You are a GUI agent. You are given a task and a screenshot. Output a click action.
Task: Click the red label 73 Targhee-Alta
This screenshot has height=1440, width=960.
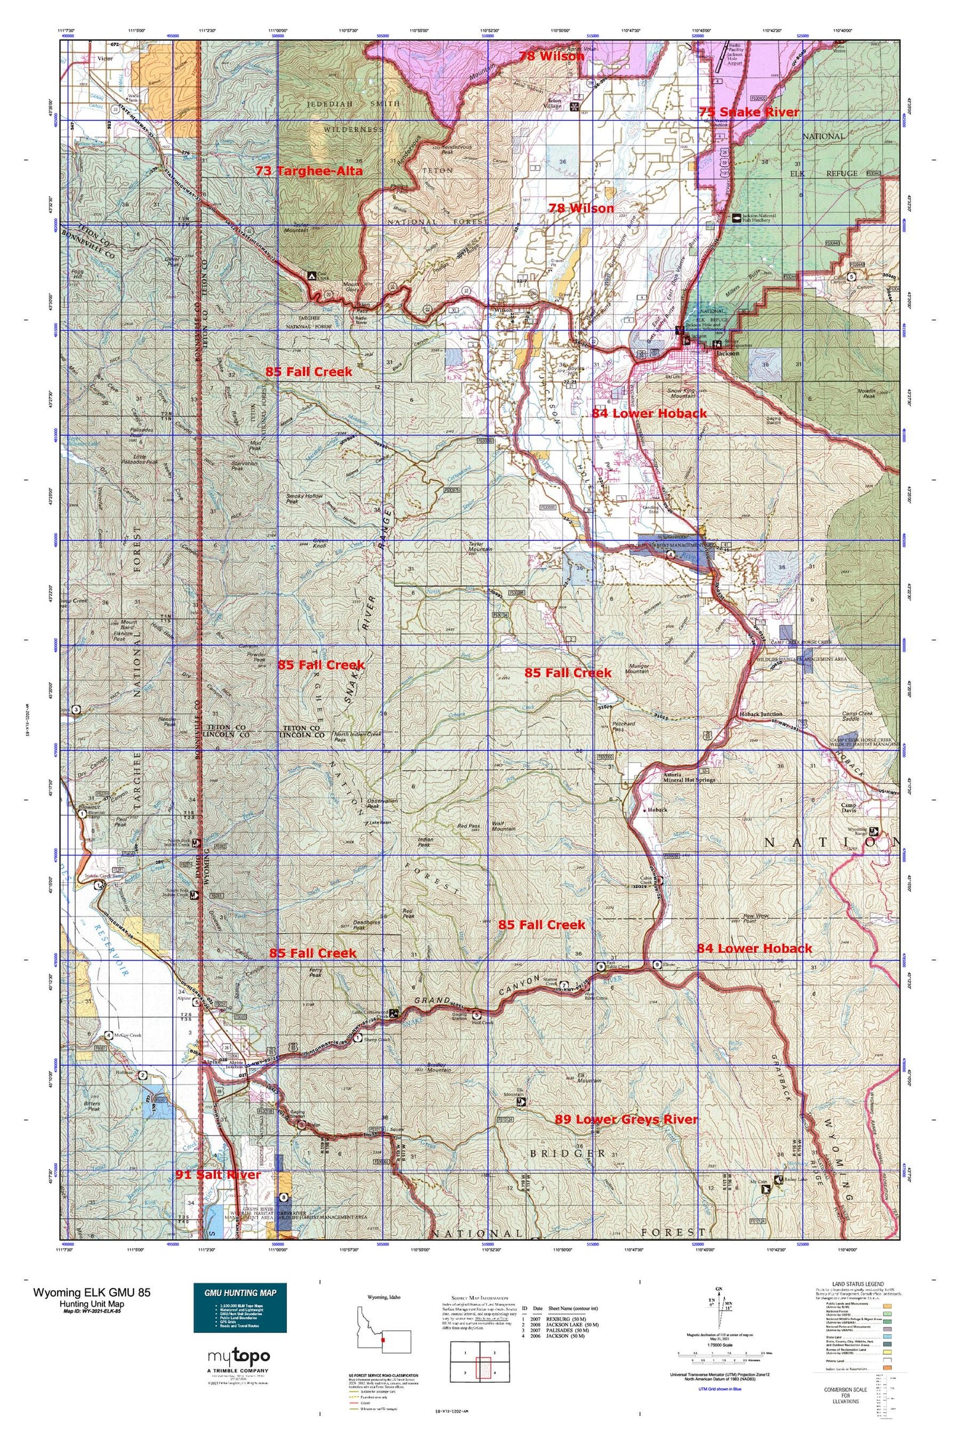pyautogui.click(x=309, y=171)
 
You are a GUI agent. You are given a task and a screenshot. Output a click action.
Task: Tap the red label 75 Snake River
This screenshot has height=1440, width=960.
pyautogui.click(x=749, y=112)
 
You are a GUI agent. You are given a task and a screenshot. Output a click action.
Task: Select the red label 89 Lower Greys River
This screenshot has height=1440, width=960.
pyautogui.click(x=626, y=1119)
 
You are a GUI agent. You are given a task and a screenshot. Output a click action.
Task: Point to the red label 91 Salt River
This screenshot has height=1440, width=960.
pyautogui.click(x=218, y=1175)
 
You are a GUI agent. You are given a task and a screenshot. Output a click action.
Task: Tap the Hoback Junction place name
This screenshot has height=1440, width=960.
pyautogui.click(x=761, y=715)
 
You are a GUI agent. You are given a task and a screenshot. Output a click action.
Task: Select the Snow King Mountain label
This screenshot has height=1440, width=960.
pyautogui.click(x=681, y=394)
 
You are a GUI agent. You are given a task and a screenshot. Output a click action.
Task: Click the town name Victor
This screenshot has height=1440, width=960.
pyautogui.click(x=105, y=58)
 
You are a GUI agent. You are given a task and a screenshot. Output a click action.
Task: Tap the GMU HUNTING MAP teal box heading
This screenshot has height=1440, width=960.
pyautogui.click(x=240, y=1293)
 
